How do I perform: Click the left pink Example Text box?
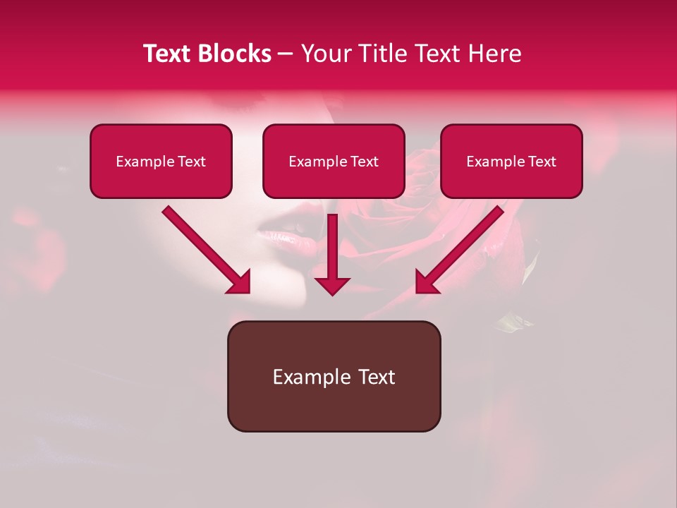161,162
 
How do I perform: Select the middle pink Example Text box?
334,162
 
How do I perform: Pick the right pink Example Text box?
511,162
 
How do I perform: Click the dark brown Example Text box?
334,376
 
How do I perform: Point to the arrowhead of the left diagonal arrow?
239,282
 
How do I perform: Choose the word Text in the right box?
542,162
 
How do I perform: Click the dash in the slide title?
286,54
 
